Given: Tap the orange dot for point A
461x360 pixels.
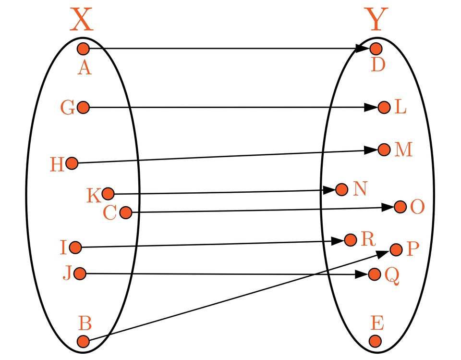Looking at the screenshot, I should (83, 49).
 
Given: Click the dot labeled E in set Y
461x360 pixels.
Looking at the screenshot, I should (376, 341).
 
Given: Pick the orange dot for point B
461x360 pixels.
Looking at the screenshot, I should (83, 342).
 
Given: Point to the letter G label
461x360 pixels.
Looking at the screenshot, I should (68, 108).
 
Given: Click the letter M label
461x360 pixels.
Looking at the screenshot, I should (403, 150).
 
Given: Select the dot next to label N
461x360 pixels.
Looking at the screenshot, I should (341, 189).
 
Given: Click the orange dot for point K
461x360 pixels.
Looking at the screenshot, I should (108, 194).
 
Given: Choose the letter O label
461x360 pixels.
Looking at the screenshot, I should (417, 208).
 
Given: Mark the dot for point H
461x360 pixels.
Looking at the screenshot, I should (72, 163).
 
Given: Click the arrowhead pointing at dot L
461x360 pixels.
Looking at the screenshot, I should (372, 108).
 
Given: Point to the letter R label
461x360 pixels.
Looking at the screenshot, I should (368, 239).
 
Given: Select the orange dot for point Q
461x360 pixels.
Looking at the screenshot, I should (374, 274).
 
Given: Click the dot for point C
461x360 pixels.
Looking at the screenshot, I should (125, 212).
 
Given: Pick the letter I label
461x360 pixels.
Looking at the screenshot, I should (62, 248).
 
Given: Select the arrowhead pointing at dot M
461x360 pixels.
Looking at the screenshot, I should (372, 150).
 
